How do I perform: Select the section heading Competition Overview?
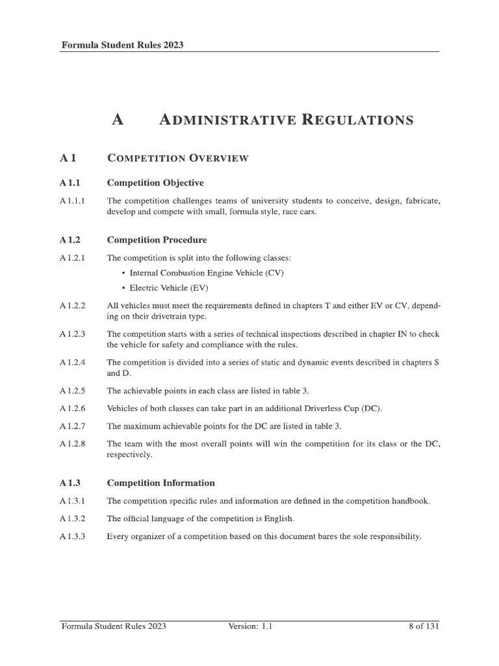[x=177, y=158]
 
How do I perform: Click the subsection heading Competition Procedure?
[x=157, y=240]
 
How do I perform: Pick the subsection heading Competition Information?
[x=160, y=483]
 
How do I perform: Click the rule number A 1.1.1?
[x=75, y=202]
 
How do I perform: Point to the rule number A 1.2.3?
[x=76, y=334]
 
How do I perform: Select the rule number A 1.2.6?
[x=76, y=408]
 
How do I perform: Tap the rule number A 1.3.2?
[x=76, y=519]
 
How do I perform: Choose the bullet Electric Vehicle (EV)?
[x=169, y=288]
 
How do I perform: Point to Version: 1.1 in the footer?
[x=250, y=626]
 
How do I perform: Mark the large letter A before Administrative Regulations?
[x=118, y=120]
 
